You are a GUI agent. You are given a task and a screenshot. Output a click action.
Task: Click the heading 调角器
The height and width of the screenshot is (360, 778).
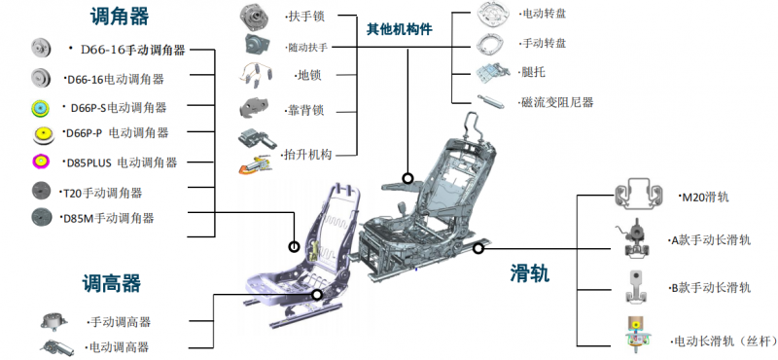point(119,17)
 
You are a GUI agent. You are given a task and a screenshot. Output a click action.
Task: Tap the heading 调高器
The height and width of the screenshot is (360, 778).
point(112,284)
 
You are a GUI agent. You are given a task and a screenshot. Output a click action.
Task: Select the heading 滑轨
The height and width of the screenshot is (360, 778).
point(530,273)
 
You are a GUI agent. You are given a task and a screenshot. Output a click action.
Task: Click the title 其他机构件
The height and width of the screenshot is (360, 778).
point(400,30)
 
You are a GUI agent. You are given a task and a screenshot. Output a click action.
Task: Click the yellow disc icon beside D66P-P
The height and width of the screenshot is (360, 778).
point(42,134)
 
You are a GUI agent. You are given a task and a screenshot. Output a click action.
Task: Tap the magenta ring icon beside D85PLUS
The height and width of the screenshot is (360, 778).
point(41,162)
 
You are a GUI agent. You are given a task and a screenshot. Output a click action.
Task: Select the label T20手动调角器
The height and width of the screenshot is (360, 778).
point(103,193)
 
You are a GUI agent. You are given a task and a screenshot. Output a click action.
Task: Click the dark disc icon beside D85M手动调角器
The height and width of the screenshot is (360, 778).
point(42,217)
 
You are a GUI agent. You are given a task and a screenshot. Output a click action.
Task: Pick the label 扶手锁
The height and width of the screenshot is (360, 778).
point(306,17)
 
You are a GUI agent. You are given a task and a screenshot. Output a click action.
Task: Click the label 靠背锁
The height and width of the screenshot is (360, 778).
point(305,110)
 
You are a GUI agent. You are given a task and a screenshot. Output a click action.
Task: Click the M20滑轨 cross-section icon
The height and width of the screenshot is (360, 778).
point(639,195)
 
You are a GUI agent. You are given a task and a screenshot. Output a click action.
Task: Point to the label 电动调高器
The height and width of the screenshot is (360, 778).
point(119,346)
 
